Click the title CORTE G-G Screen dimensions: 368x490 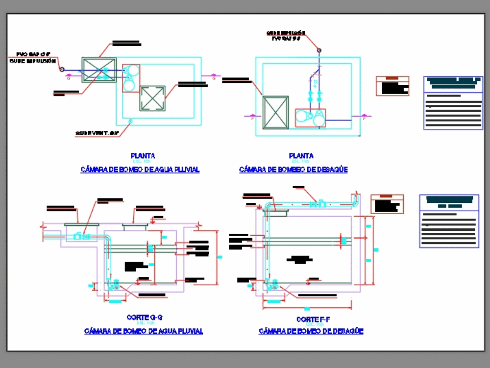click(x=144, y=318)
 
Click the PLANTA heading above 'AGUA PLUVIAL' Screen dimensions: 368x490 click(x=143, y=156)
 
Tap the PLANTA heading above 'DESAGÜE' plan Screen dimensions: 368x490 click(x=301, y=156)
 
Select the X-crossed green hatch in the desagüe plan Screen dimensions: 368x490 click(x=275, y=113)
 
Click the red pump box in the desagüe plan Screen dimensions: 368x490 click(x=310, y=118)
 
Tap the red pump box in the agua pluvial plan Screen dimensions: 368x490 click(x=131, y=78)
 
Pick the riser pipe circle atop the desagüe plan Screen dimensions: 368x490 click(x=319, y=50)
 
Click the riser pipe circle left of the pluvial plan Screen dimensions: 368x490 click(x=62, y=70)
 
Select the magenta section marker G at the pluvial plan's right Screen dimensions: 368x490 click(x=214, y=76)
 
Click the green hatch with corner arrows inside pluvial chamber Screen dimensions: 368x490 click(x=152, y=98)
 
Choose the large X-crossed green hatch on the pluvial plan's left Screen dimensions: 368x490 click(x=99, y=70)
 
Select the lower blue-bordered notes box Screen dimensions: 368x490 click(x=449, y=221)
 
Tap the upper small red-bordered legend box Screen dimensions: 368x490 click(x=392, y=86)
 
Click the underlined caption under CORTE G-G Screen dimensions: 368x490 click(x=144, y=331)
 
